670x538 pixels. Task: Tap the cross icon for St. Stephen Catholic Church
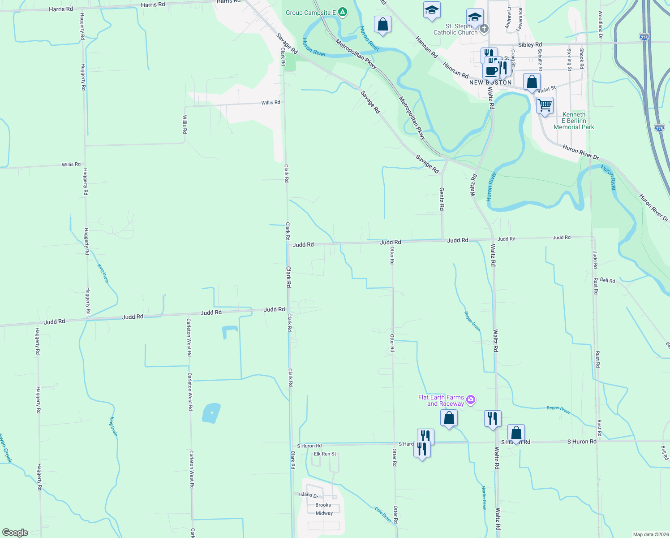(484, 29)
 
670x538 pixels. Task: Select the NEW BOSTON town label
(490, 82)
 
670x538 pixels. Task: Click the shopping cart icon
(545, 106)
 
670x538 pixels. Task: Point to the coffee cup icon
(491, 71)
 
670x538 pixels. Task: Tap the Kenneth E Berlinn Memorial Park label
(574, 121)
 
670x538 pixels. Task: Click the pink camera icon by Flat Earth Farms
(470, 399)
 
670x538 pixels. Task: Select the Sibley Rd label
(530, 45)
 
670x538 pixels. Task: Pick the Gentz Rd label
(442, 199)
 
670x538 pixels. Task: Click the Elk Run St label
(325, 454)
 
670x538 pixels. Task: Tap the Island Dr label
(309, 495)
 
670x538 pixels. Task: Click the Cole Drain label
(383, 515)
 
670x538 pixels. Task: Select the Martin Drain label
(484, 498)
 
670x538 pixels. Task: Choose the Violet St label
(546, 89)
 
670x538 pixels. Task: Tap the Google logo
(15, 533)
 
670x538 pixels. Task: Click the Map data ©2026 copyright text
(650, 534)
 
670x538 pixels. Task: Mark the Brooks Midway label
(324, 509)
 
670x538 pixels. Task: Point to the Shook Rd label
(581, 58)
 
